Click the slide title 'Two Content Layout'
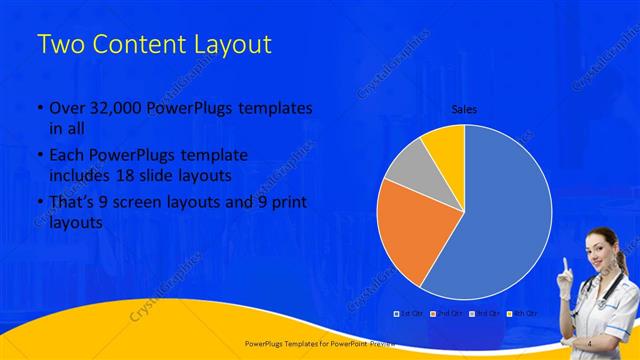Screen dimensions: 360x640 (x=153, y=46)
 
